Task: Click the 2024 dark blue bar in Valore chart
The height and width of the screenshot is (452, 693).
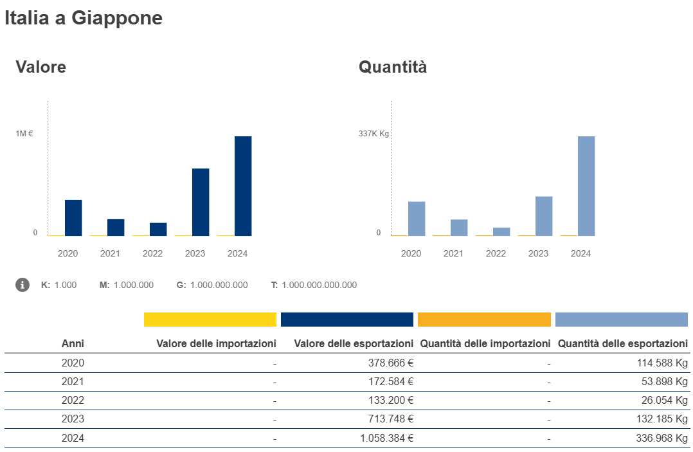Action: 243,186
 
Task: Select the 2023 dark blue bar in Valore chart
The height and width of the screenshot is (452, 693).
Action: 201,202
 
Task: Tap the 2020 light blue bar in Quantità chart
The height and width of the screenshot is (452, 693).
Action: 417,219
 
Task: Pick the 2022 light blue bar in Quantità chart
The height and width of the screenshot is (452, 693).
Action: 501,231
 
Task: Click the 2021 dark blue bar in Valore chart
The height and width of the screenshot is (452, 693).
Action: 116,228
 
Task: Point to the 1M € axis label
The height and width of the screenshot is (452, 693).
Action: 25,134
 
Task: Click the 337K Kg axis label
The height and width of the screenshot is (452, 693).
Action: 374,134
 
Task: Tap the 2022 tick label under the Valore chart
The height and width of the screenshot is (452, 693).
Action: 152,253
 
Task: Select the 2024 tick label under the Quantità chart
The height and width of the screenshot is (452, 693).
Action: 580,253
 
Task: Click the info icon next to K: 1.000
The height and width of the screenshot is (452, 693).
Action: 22,285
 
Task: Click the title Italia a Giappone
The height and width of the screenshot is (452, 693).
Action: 84,18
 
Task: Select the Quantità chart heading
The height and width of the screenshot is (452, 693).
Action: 393,66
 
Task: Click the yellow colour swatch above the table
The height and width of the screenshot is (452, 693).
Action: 210,320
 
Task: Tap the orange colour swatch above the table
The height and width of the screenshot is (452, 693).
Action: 484,320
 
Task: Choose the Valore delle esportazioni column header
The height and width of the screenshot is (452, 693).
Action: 353,343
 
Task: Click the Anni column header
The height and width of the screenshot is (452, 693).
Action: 73,343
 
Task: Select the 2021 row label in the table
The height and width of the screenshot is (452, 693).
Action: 73,381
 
